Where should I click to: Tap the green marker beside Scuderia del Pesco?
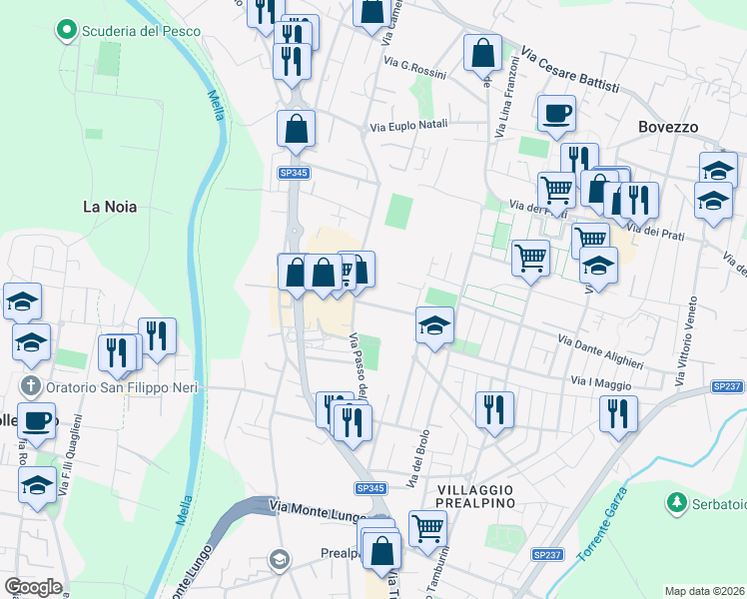67,31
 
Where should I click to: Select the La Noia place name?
109,207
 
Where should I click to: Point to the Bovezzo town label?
668,127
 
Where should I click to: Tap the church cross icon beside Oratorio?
31,386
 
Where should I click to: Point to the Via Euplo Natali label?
408,127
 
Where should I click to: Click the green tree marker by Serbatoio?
677,501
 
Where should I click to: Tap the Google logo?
33,587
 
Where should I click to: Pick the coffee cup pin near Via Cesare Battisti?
556,113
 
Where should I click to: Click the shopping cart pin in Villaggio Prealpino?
426,527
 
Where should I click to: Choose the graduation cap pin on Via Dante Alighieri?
434,324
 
